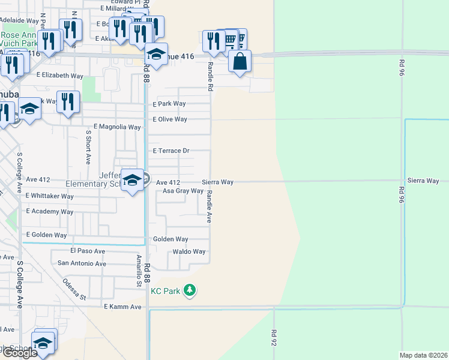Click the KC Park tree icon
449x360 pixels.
click(190, 291)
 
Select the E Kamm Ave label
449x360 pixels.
click(122, 307)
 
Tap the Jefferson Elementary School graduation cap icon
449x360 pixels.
click(131, 181)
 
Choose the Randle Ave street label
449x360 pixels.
click(209, 207)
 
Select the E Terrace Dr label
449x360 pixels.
click(171, 151)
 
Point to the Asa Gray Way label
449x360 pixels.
click(183, 191)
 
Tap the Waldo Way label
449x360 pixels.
click(189, 252)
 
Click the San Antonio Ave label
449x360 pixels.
click(82, 263)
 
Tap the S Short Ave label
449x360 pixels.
click(88, 148)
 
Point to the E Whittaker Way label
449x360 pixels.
click(50, 196)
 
